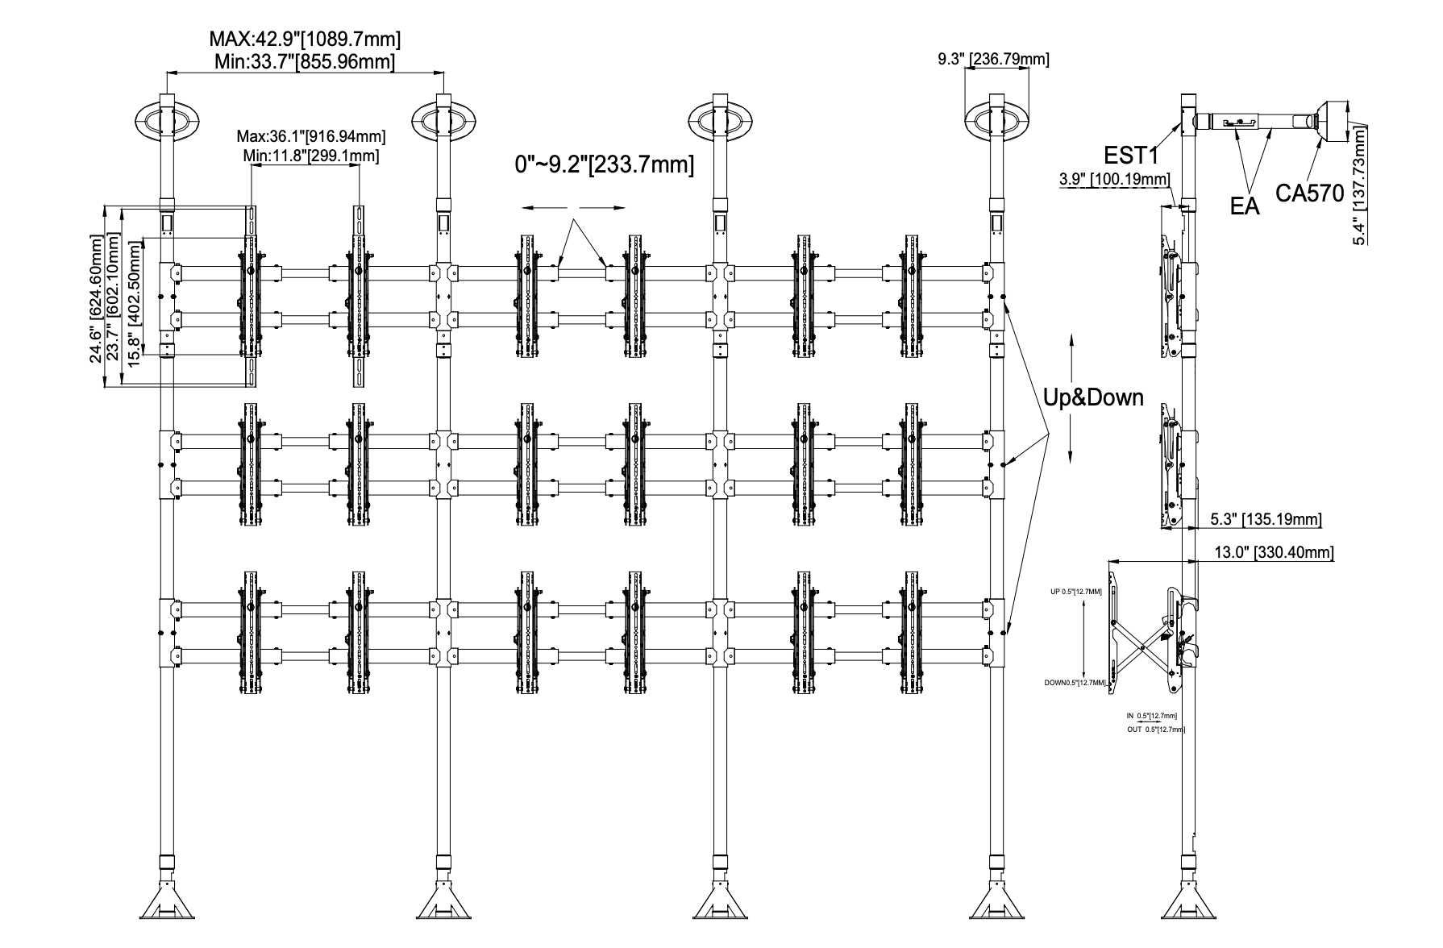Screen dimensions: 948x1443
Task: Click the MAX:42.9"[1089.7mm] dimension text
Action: click(305, 39)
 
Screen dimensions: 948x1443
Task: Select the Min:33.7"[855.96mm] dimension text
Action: click(305, 61)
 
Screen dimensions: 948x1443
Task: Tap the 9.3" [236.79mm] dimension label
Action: click(993, 59)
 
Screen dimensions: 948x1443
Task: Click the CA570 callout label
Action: click(1309, 193)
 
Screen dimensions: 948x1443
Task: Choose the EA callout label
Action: click(1245, 206)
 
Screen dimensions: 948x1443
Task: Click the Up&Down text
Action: click(1093, 397)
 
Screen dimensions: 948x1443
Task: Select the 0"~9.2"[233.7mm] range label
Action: click(604, 164)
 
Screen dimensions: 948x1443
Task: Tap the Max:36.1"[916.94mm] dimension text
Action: click(310, 136)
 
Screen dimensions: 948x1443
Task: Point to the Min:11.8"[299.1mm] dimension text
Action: click(310, 155)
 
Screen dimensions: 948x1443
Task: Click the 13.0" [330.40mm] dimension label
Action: click(1273, 552)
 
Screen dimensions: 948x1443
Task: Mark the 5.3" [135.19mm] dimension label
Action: click(1265, 519)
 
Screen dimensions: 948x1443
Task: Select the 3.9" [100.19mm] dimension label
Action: click(1115, 178)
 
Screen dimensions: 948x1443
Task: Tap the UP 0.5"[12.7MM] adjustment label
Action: click(1075, 592)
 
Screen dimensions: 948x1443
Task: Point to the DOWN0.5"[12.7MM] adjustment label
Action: click(1075, 683)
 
